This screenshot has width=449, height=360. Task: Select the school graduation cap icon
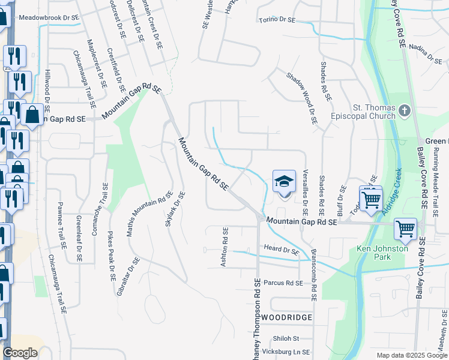(285, 181)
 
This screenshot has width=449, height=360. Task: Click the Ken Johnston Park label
(382, 253)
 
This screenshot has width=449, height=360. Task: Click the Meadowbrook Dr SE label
(49, 18)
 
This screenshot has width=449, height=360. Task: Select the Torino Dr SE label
(277, 20)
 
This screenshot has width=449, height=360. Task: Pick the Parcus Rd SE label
(283, 283)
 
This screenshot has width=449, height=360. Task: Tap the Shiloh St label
(286, 338)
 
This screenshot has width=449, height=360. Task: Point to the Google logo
(20, 353)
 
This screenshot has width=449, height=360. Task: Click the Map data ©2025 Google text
(411, 355)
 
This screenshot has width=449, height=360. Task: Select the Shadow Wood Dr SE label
(301, 98)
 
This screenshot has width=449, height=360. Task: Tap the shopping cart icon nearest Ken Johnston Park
(405, 228)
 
